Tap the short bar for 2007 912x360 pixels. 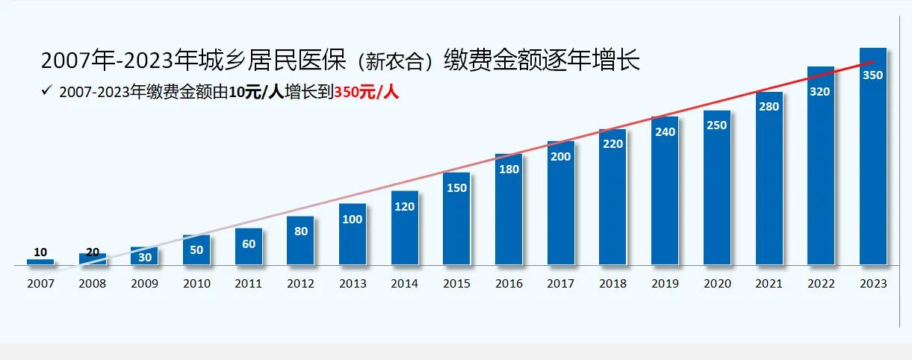click(40, 261)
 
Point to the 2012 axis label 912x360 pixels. click(300, 284)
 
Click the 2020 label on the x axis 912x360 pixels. click(716, 284)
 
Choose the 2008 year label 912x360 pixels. click(93, 284)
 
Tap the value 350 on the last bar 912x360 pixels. click(872, 75)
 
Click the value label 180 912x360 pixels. click(509, 170)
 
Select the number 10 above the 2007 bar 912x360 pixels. click(40, 252)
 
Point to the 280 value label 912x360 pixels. click(769, 107)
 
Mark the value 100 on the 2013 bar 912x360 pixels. click(353, 220)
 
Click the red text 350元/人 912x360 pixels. click(366, 93)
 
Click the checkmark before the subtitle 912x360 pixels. click(46, 91)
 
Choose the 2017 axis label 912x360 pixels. click(560, 284)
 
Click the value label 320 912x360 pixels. click(820, 92)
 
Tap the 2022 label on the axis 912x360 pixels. click(820, 284)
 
